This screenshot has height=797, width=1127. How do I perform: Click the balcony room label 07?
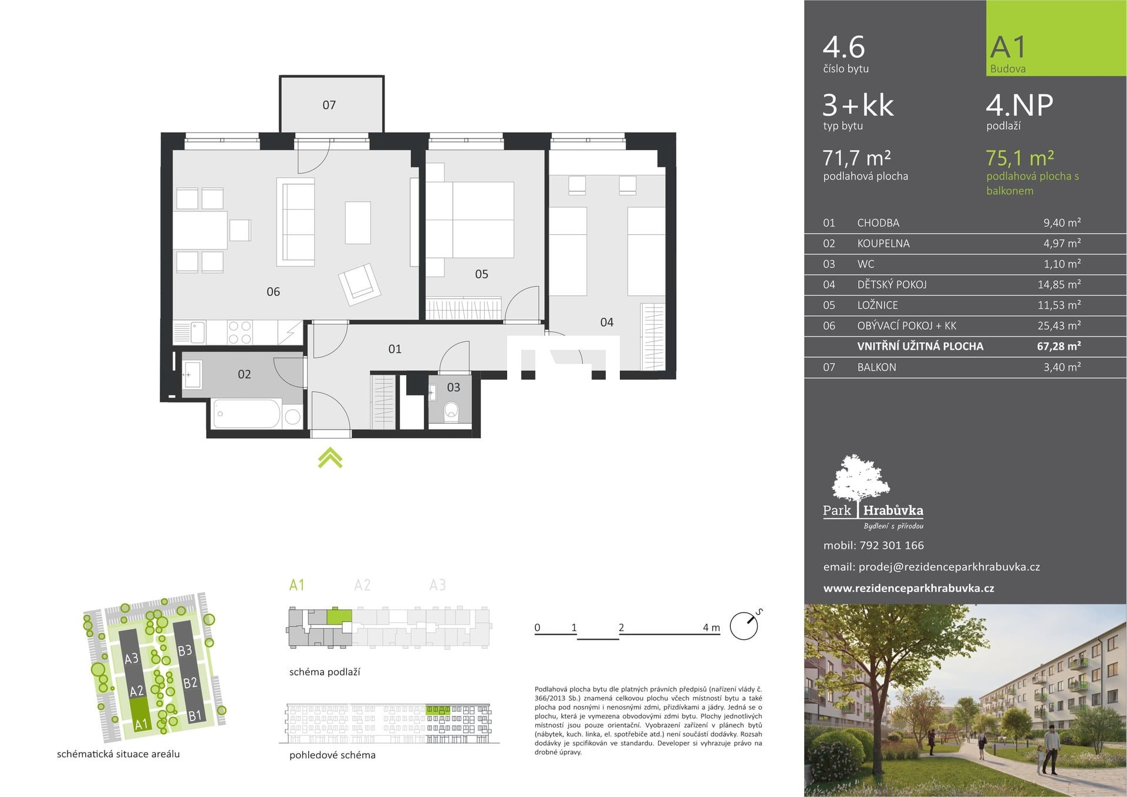tap(329, 105)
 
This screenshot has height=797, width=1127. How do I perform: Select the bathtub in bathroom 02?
tap(247, 414)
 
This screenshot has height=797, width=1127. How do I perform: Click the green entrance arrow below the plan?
tap(330, 458)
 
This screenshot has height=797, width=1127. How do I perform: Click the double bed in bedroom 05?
tap(470, 219)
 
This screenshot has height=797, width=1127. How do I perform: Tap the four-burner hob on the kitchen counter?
tap(239, 332)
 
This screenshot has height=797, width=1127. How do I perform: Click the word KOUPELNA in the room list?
tap(883, 244)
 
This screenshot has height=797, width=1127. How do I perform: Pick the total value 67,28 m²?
tap(1059, 346)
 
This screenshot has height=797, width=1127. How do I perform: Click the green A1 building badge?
tap(1056, 38)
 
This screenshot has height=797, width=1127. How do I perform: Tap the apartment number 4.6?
tap(844, 47)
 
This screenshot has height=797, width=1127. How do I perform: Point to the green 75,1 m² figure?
tap(1020, 158)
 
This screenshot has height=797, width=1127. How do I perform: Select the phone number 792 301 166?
tap(892, 545)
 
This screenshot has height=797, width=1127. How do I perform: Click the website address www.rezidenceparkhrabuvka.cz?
tap(909, 588)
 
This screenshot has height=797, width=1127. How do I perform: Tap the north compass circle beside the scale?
tap(744, 626)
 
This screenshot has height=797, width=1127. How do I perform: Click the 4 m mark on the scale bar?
tap(711, 627)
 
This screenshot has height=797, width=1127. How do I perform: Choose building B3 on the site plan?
tap(184, 650)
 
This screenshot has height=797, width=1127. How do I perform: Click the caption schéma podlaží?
tap(325, 672)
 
